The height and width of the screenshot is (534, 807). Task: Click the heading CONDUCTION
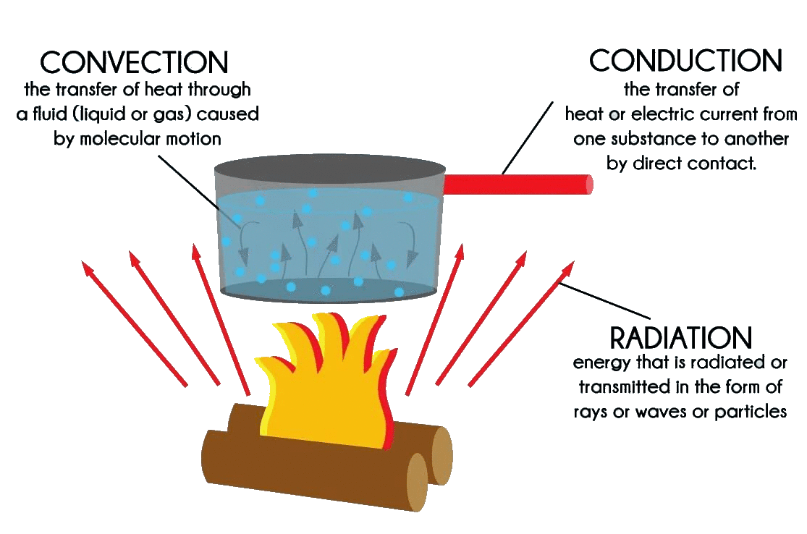[685, 61]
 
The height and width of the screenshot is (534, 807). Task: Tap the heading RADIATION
[681, 337]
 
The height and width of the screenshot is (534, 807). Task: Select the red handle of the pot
[517, 185]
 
